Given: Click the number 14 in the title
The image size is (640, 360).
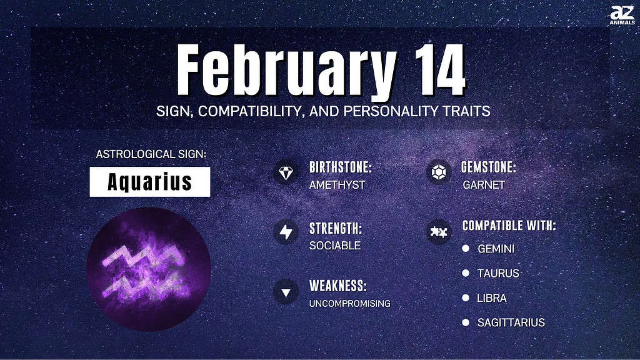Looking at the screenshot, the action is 440,70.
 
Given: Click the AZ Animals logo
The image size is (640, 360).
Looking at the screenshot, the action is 622,15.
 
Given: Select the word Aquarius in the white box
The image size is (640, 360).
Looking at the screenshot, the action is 150,182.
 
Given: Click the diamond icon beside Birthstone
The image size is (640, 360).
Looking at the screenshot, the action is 286,173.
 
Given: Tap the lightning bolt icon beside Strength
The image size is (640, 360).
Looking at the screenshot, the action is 286,232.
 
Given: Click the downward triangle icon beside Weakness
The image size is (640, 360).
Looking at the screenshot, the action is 286,292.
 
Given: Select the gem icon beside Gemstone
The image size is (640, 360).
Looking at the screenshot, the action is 438,172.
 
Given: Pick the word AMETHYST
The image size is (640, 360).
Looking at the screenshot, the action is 337,185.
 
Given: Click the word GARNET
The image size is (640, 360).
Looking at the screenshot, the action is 484,185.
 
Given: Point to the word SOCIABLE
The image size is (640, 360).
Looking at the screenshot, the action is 335,245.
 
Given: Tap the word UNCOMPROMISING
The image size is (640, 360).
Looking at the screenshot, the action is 350,304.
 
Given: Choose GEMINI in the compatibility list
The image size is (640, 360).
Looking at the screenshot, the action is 496,249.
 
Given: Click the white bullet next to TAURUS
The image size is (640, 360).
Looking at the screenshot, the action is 466,272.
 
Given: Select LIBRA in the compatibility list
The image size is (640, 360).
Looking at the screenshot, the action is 492,298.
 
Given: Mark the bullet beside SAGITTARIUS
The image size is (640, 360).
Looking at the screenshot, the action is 466,322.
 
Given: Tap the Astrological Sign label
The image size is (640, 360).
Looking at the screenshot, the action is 151,154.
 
